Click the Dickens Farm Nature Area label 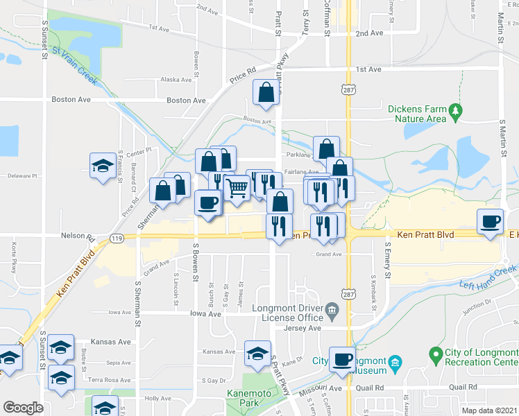pos(416,114)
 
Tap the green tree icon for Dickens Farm pos(455,110)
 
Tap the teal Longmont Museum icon pos(395,362)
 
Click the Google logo pos(23,407)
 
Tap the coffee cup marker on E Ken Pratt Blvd pos(491,221)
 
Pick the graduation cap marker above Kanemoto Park pos(258,353)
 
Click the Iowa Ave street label pos(205,313)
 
